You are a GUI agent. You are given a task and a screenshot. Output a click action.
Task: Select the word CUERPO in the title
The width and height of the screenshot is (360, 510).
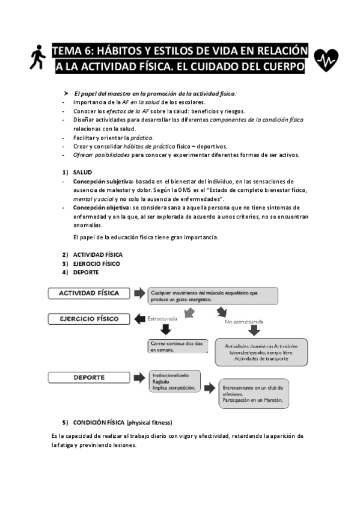[x=281, y=66]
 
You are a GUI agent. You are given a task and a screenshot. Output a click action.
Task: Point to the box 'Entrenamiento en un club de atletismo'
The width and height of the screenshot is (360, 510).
[x=252, y=394]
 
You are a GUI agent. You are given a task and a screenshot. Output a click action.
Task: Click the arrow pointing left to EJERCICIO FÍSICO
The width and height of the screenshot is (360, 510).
[x=139, y=318]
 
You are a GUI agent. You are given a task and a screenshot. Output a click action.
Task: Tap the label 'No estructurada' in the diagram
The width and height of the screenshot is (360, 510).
[x=243, y=322]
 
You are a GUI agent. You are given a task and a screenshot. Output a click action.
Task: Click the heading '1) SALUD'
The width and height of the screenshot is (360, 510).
[x=81, y=172]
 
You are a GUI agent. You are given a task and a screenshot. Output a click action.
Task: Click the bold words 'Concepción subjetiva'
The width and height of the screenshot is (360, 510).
[x=98, y=181]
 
